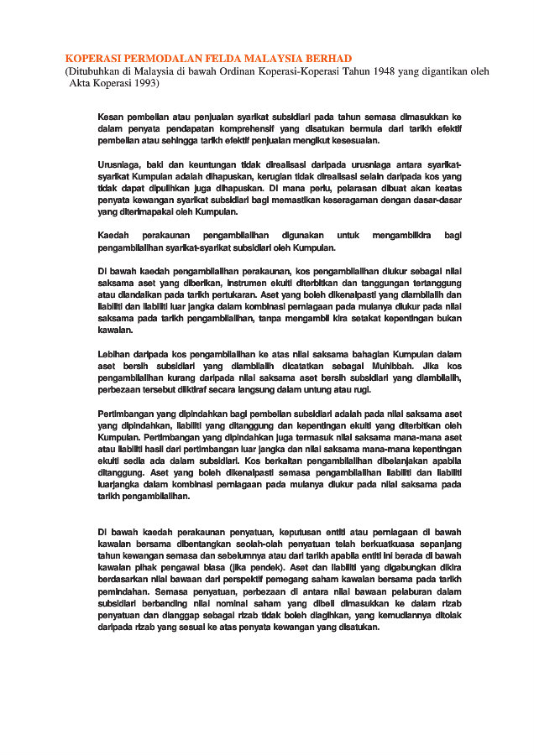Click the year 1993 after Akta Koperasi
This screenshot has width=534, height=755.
[141, 84]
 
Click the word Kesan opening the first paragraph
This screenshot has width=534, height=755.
[111, 117]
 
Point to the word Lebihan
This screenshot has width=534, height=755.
[114, 355]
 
